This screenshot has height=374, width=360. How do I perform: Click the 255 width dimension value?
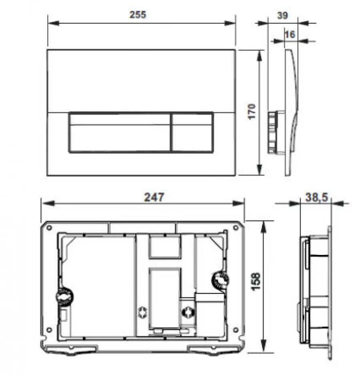(x=138, y=15)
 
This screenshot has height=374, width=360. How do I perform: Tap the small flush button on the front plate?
(x=192, y=132)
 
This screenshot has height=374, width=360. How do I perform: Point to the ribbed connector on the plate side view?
(x=273, y=131)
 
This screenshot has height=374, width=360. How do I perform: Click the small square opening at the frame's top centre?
(x=164, y=247)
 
